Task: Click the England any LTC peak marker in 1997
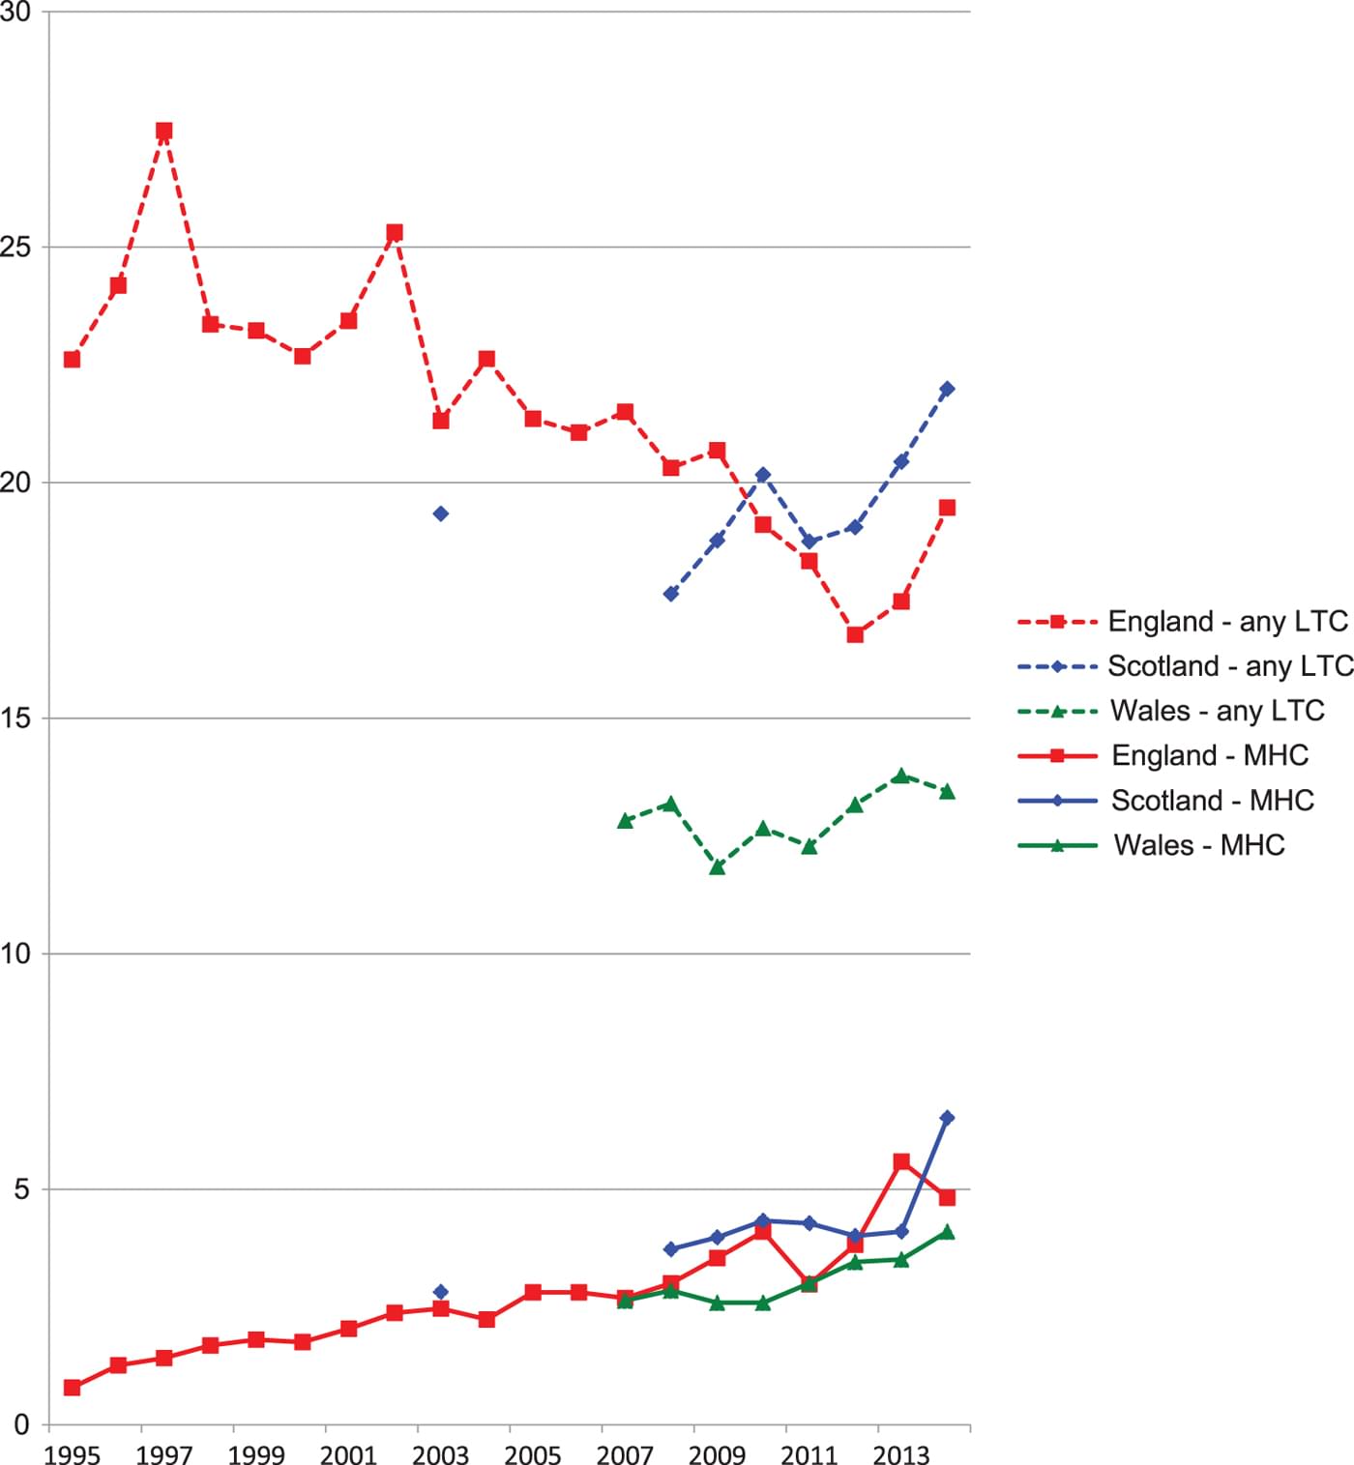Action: [x=164, y=132]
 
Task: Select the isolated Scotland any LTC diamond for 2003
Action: [x=441, y=513]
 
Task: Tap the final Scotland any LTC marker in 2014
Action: [x=947, y=389]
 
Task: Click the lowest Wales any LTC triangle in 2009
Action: [x=717, y=867]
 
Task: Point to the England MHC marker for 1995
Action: [x=72, y=1388]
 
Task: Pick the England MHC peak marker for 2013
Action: [x=901, y=1161]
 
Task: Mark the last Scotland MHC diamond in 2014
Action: [x=947, y=1118]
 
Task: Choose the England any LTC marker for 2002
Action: [x=395, y=233]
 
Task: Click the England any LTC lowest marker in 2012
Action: [x=855, y=634]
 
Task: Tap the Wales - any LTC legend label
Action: [x=1217, y=711]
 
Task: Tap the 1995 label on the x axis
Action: [x=72, y=1454]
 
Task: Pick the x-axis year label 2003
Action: [x=440, y=1454]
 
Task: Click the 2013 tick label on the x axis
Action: [x=900, y=1454]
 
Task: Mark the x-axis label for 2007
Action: [x=625, y=1454]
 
